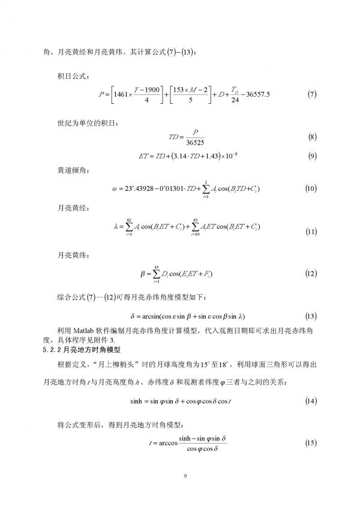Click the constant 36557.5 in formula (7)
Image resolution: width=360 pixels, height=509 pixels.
tap(260, 94)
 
